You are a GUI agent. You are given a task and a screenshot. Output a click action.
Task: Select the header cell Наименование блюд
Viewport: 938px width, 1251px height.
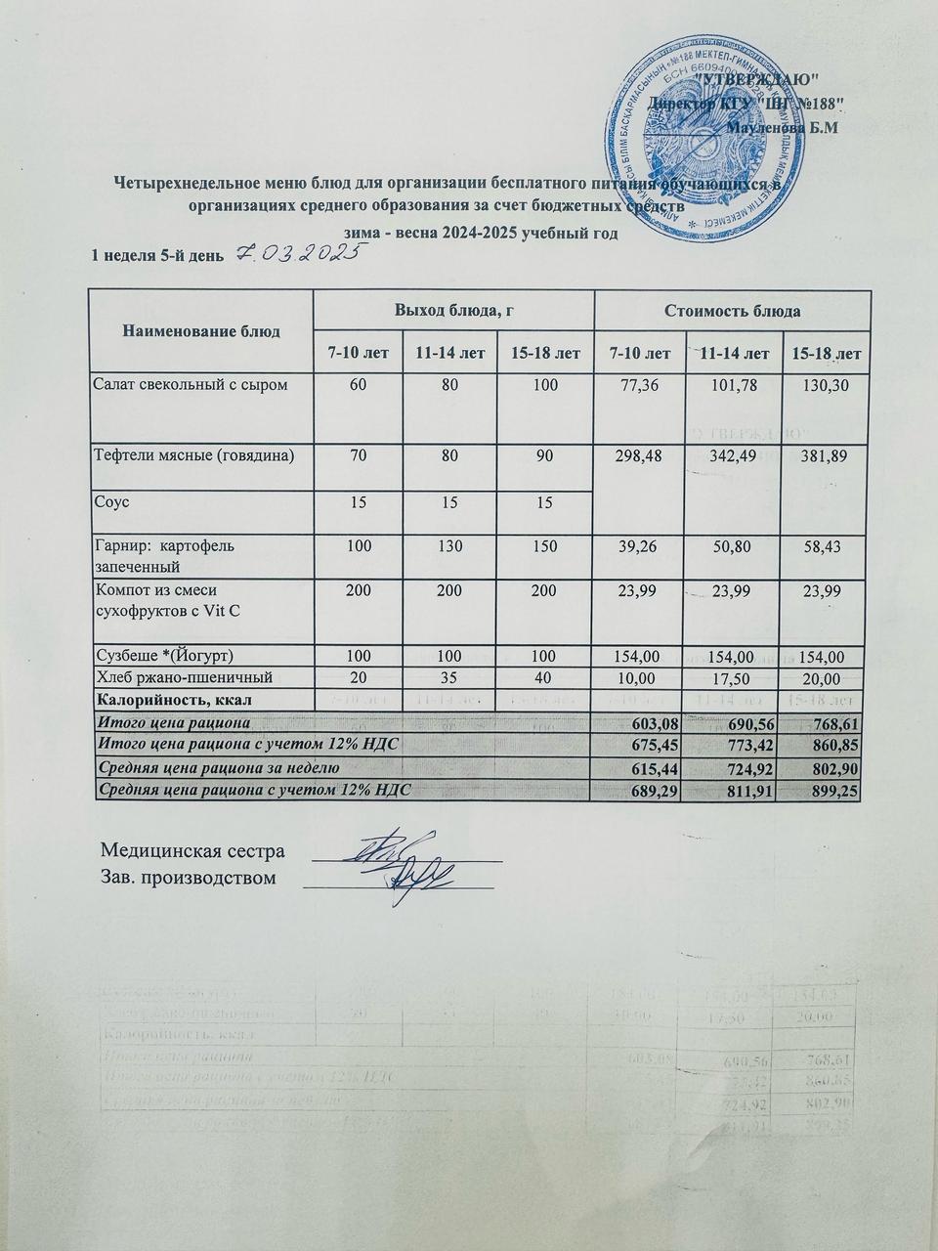pyautogui.click(x=201, y=331)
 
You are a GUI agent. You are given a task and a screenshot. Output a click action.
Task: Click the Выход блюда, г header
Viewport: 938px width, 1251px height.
pyautogui.click(x=453, y=311)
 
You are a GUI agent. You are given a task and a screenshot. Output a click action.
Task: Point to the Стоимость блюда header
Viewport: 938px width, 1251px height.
pyautogui.click(x=733, y=311)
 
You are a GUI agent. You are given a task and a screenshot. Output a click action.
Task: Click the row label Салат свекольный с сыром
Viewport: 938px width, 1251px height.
pyautogui.click(x=191, y=385)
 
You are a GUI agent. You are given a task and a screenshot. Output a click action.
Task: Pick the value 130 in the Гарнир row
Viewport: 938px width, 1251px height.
pyautogui.click(x=453, y=543)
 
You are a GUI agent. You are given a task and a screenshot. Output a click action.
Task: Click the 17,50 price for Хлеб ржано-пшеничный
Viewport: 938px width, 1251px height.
pyautogui.click(x=733, y=677)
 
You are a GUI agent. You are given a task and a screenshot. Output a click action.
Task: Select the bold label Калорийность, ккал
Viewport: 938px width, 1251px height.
pyautogui.click(x=172, y=699)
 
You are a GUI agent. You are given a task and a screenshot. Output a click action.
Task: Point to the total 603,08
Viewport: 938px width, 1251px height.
pyautogui.click(x=640, y=722)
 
